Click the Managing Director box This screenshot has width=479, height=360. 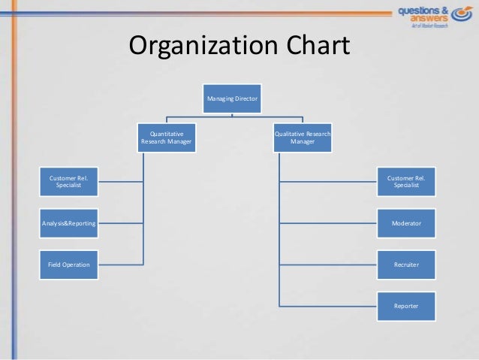[x=232, y=98]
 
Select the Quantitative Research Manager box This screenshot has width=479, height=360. [x=166, y=138]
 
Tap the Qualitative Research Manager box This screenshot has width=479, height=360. [x=303, y=138]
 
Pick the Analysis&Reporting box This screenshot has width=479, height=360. [x=68, y=222]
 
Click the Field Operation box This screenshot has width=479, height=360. [x=68, y=265]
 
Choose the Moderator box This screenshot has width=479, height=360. [x=406, y=223]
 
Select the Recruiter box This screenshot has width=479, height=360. [x=406, y=265]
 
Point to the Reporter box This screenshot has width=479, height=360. [x=406, y=306]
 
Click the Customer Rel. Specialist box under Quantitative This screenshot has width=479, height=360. [x=68, y=182]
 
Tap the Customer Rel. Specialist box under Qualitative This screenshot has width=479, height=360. [x=406, y=182]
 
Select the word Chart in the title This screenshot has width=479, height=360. [x=316, y=47]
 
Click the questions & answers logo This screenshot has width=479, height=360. [x=432, y=15]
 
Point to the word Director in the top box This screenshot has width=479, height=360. [x=246, y=98]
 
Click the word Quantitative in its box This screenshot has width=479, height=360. [x=166, y=133]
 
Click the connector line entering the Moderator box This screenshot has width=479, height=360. [x=330, y=223]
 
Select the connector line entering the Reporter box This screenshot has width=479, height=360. [x=330, y=306]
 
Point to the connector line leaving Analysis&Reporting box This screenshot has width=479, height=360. [x=120, y=222]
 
